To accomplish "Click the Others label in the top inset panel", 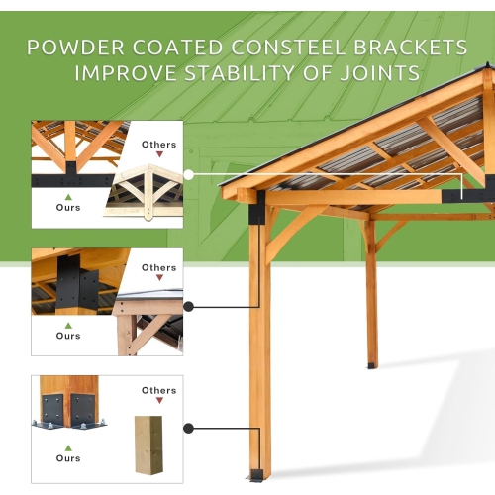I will pos(158,145).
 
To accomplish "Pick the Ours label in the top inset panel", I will pos(68,207).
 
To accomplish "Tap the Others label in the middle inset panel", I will pos(158,267).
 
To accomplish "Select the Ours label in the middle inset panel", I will pos(68,336).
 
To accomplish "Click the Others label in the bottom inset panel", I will pos(158,390).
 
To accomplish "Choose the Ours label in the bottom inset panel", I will pos(68,459).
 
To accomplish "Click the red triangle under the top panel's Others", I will pos(158,156).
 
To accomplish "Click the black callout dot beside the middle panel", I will pos(188,306).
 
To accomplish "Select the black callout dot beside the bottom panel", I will pos(188,429).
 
